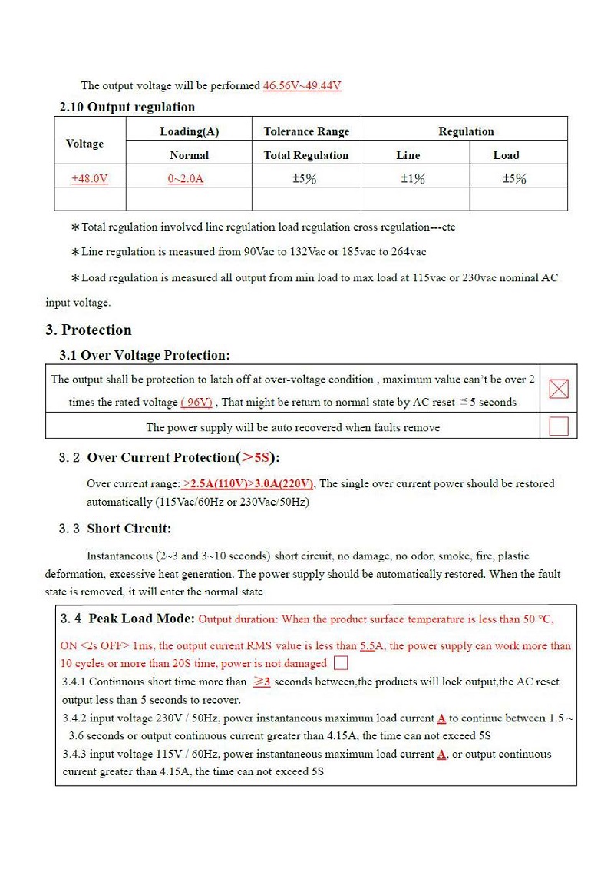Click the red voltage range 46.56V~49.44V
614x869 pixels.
(x=302, y=85)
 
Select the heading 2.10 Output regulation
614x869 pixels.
(x=127, y=107)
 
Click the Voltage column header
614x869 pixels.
(x=84, y=143)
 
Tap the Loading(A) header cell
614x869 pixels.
(x=189, y=131)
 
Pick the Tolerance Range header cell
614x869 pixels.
(x=306, y=131)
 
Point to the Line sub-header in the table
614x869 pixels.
(x=408, y=154)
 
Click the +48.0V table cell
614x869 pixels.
(x=90, y=178)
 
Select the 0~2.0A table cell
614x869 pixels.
(x=186, y=178)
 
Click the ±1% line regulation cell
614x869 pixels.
(x=413, y=178)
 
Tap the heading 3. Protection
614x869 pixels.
(x=88, y=330)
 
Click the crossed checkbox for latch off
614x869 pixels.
(x=559, y=389)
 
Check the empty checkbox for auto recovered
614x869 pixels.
(x=559, y=426)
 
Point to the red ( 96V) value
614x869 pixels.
(x=196, y=402)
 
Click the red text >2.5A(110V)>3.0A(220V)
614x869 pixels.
(x=248, y=483)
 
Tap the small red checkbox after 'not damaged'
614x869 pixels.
(x=341, y=663)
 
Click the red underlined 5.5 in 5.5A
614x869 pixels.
(x=367, y=646)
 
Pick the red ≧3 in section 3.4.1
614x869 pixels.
(x=262, y=682)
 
